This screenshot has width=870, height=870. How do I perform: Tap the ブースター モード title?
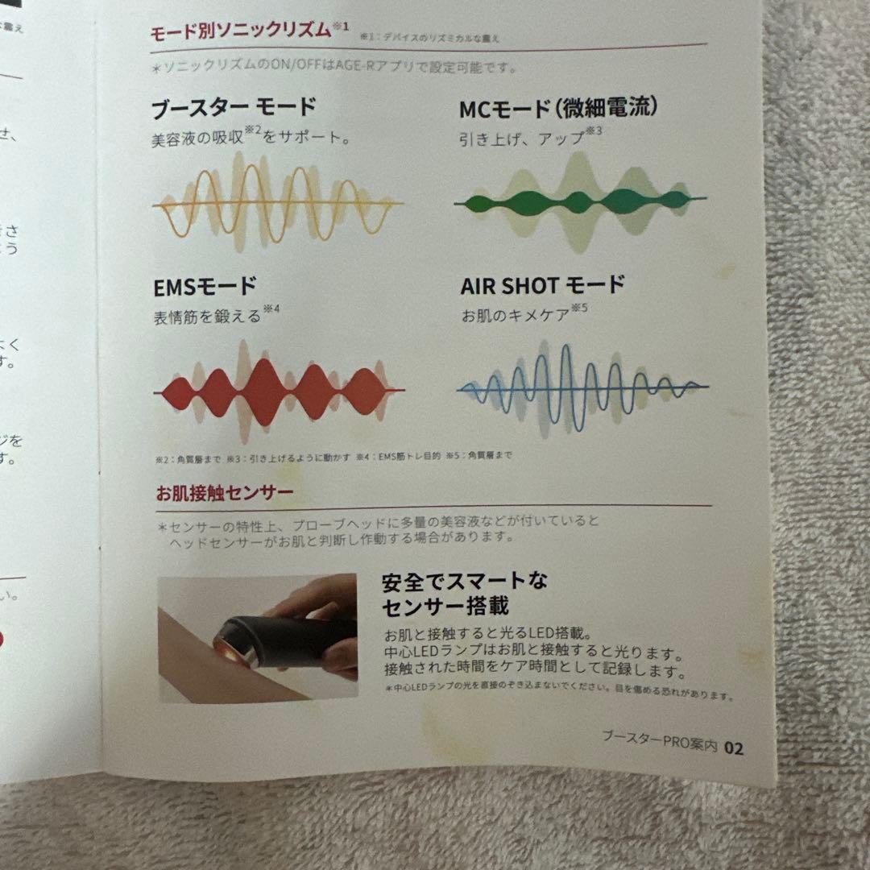(234, 108)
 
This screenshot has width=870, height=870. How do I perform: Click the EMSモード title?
(205, 286)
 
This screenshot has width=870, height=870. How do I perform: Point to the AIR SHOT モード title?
(543, 286)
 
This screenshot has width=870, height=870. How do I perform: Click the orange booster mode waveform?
(278, 205)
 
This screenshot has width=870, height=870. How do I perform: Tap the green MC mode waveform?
(580, 201)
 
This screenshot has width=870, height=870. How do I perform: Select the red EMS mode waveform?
(279, 391)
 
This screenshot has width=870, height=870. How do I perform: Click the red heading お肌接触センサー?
(225, 492)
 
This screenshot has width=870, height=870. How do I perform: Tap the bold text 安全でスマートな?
(465, 582)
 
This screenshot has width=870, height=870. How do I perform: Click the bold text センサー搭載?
(445, 607)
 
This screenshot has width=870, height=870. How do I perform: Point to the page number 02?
(734, 748)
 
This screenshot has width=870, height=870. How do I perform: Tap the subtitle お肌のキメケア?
(516, 315)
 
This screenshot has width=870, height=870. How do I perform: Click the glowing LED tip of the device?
(228, 649)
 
